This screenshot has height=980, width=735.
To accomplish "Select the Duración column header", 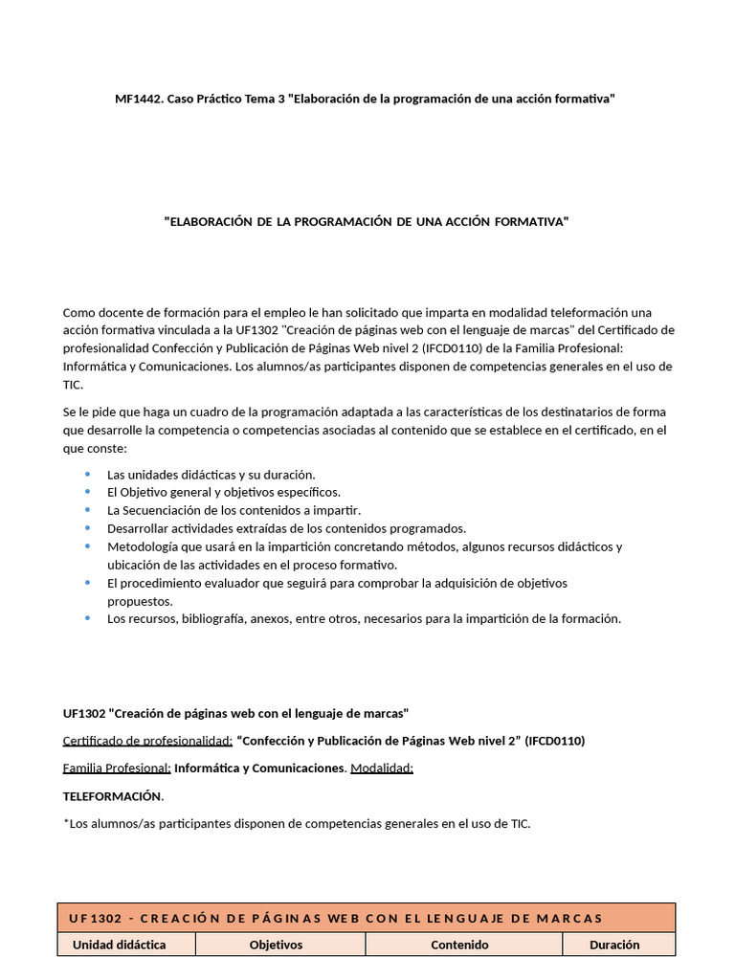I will click(x=614, y=945).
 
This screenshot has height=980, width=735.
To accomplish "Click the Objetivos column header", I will click(x=276, y=945).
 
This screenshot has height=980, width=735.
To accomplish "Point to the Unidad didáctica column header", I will click(x=120, y=945).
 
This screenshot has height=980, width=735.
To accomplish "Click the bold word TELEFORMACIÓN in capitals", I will click(x=112, y=796).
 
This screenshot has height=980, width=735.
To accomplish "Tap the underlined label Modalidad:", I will click(x=382, y=768).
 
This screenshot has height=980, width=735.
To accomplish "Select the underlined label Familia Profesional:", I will click(x=117, y=768).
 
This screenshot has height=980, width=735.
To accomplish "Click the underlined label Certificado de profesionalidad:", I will click(x=147, y=741).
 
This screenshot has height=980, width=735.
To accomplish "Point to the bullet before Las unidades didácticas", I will click(x=87, y=474).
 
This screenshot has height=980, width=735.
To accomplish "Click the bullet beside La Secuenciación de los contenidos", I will click(x=87, y=510).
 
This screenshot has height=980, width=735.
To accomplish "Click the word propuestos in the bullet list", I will click(x=139, y=601).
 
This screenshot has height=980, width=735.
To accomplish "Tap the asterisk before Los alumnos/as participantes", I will click(x=66, y=822).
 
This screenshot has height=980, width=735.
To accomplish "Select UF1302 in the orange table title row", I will click(x=95, y=919).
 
